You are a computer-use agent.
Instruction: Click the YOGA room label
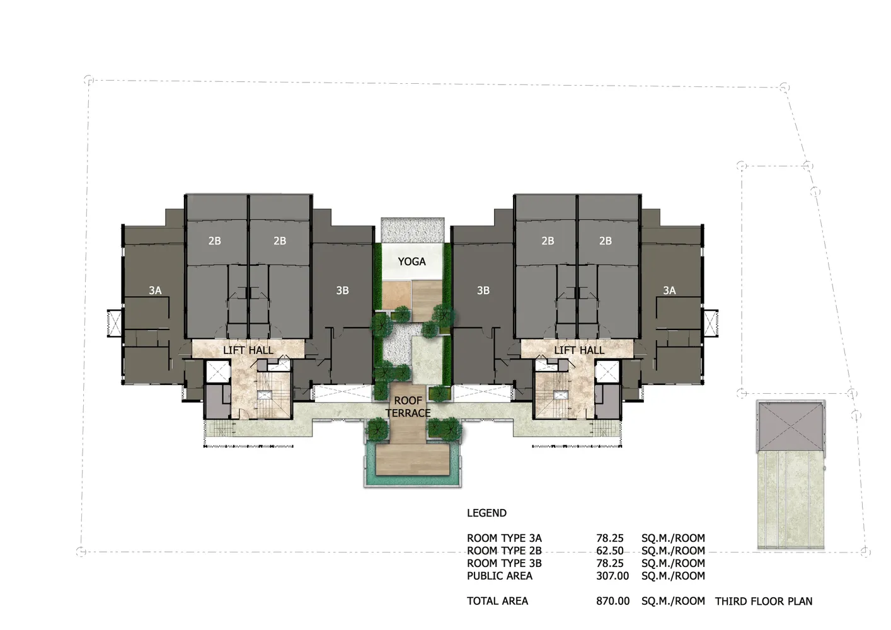click(x=411, y=261)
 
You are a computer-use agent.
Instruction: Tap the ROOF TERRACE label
click(x=408, y=407)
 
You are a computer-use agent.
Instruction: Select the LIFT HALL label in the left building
click(x=248, y=350)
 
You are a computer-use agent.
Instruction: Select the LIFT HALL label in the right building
click(x=579, y=350)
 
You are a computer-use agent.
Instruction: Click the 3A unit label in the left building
click(x=155, y=290)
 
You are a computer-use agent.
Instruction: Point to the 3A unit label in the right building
click(x=669, y=290)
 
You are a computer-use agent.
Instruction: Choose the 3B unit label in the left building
click(x=343, y=290)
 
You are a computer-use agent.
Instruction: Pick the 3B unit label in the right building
click(x=483, y=290)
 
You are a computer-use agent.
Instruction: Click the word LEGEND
click(x=487, y=513)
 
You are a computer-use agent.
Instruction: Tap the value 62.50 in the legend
click(x=610, y=551)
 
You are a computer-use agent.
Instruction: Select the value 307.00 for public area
click(x=612, y=576)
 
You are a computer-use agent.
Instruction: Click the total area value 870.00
click(x=613, y=601)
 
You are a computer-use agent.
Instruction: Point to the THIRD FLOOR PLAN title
click(x=764, y=601)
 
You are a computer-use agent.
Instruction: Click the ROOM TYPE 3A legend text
click(x=504, y=538)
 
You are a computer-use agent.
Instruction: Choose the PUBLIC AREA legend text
click(x=500, y=576)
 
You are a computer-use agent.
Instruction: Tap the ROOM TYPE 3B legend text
click(x=504, y=564)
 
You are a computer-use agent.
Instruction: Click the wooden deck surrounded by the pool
click(x=413, y=459)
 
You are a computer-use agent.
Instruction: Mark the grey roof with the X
click(x=791, y=427)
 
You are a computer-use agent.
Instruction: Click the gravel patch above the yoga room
click(x=413, y=230)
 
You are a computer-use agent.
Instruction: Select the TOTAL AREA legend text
click(x=498, y=601)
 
